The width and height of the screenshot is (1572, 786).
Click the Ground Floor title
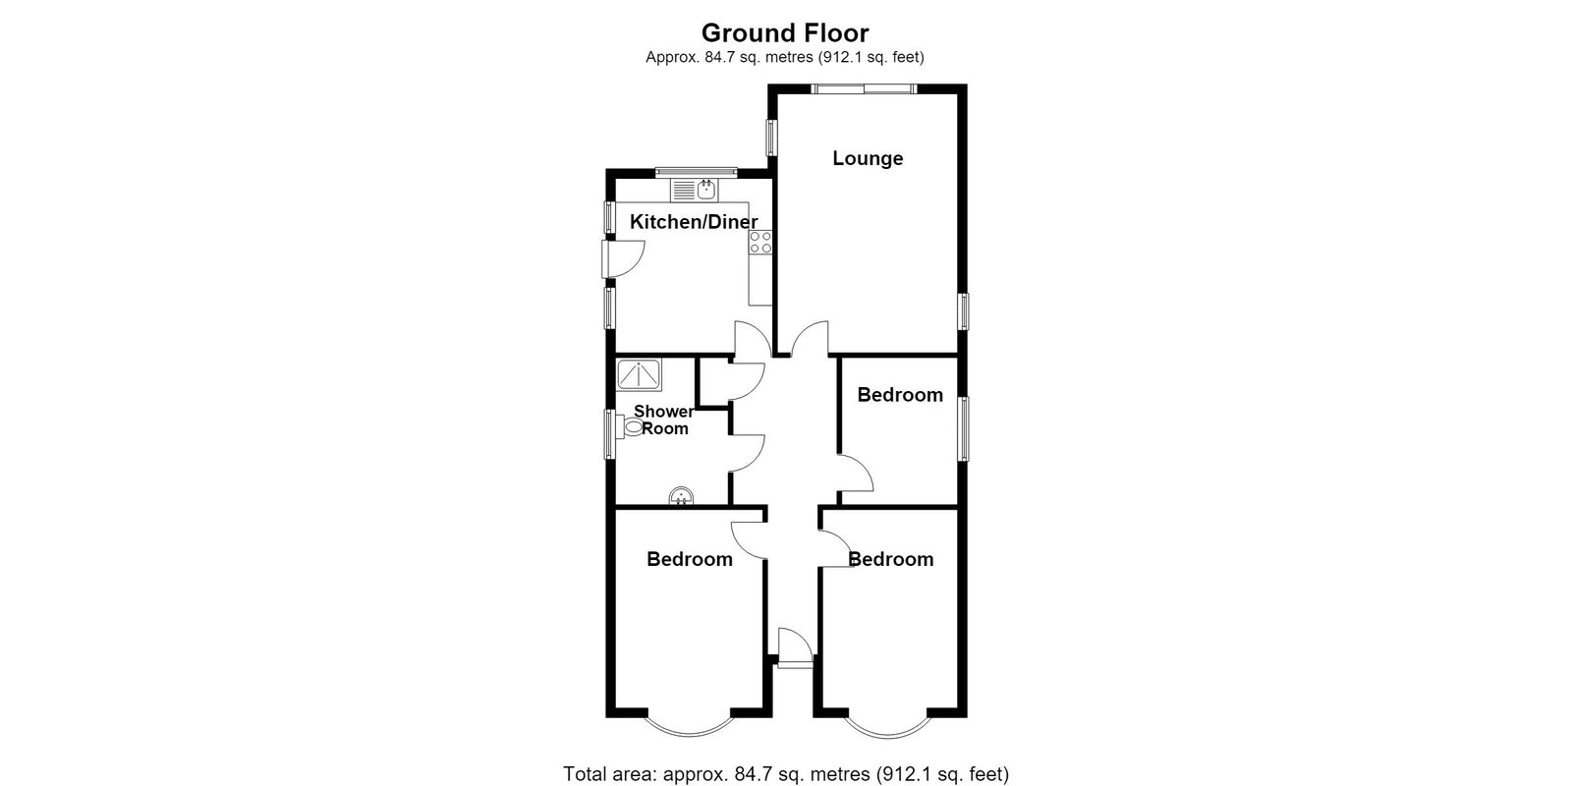[x=785, y=33]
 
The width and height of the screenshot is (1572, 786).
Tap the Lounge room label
[x=868, y=158]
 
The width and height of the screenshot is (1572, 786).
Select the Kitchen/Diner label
[x=694, y=222]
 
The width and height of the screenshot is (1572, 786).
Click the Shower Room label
[x=664, y=420]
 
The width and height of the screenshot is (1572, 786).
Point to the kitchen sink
[x=694, y=190]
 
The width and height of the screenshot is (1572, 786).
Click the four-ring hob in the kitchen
[x=760, y=242]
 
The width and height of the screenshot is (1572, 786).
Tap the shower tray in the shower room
[x=639, y=374]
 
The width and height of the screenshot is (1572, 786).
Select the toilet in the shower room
[x=630, y=426]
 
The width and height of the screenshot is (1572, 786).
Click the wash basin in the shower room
[x=682, y=496]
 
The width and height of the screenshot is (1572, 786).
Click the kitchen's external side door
[x=132, y=259]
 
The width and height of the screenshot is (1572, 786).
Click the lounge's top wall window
[x=864, y=88]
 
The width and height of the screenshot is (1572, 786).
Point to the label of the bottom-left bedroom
[x=689, y=559]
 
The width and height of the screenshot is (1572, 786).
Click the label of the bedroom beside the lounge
[x=900, y=395]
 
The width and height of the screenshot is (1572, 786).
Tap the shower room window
[x=610, y=434]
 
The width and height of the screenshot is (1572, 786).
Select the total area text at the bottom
[x=786, y=774]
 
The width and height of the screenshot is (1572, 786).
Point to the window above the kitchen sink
[x=697, y=172]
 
